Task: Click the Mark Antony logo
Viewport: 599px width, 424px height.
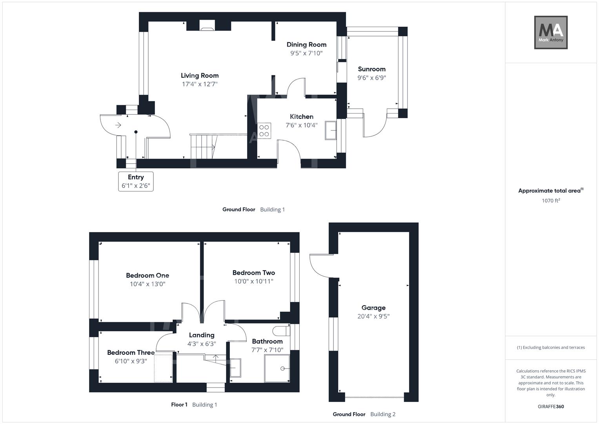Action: tap(551, 32)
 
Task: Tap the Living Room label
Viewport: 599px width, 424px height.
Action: tap(200, 75)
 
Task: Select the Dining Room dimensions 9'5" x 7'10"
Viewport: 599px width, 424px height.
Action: tap(306, 53)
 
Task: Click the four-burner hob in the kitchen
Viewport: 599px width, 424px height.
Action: tap(264, 131)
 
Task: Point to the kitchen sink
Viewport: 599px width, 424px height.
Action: tap(331, 130)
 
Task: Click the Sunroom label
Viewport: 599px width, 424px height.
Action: tap(372, 69)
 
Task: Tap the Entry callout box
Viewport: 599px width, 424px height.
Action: tap(136, 181)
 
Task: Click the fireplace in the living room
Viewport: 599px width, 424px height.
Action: tap(207, 26)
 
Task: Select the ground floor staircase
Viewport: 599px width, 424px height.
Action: tap(204, 147)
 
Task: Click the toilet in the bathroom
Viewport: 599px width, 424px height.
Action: tap(281, 331)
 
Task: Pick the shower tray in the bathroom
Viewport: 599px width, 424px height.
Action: tap(277, 368)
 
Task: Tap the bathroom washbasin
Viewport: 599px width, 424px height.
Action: tap(235, 368)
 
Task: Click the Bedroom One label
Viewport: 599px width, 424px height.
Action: tap(147, 276)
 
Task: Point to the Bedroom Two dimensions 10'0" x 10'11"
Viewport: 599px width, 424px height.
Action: tap(254, 281)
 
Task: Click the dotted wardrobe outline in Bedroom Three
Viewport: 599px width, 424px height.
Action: tap(163, 368)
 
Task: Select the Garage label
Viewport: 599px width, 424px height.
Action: tap(373, 308)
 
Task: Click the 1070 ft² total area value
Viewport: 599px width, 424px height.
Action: tap(551, 201)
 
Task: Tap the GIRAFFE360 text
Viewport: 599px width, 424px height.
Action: tap(551, 406)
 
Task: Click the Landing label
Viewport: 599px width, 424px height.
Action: tap(202, 335)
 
